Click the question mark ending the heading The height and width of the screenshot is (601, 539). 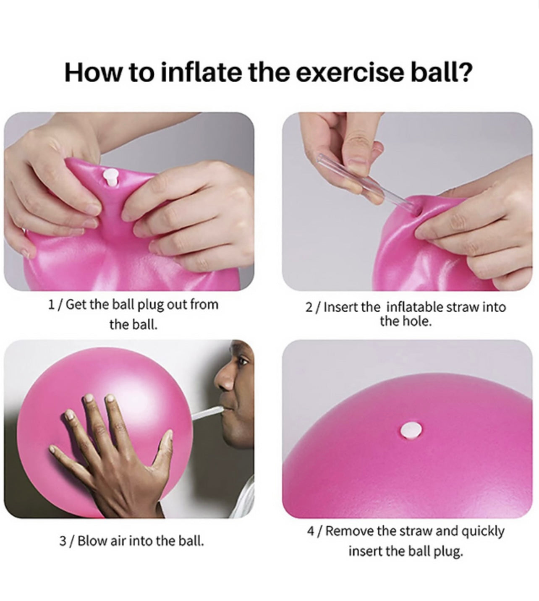(x=464, y=72)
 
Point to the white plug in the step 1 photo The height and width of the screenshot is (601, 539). (x=110, y=177)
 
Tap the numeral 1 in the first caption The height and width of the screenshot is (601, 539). (x=51, y=304)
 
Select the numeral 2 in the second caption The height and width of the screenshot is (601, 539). (x=309, y=307)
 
